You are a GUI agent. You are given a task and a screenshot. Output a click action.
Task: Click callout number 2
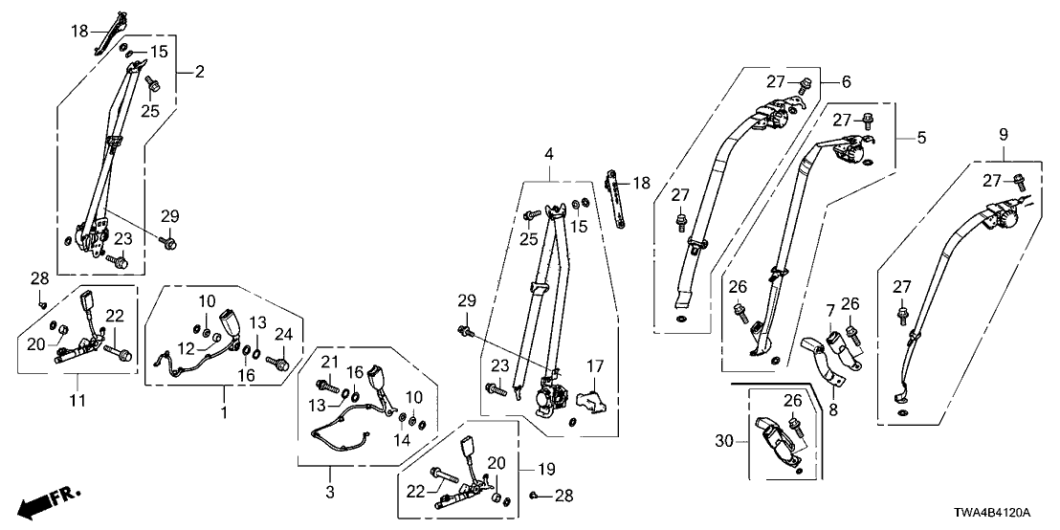coord(199,71)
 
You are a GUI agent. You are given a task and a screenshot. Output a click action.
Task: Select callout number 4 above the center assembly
coord(549,153)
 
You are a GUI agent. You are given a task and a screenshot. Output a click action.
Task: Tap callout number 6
coord(847,81)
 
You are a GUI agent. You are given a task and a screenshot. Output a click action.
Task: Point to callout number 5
coord(921,138)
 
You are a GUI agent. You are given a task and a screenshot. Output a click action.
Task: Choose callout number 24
coord(282,334)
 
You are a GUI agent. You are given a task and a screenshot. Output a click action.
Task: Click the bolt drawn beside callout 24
coord(279,363)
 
